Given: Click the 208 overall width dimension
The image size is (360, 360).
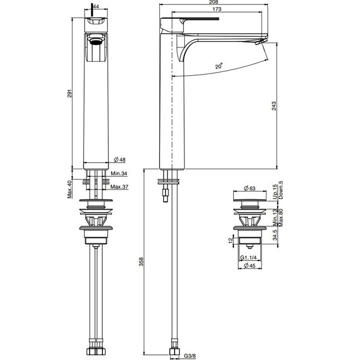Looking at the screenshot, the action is point(213,2).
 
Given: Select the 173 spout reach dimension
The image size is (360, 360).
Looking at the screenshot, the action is point(217,9).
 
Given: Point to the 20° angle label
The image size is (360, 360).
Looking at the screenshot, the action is point(219,66).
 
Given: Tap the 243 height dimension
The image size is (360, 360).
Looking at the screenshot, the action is point(274,106).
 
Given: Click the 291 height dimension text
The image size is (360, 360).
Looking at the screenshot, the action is point(70,93).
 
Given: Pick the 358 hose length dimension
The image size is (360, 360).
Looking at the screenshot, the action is point(142,262).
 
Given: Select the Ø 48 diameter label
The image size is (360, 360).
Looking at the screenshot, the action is point(120,159).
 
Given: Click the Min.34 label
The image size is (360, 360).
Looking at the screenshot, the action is point(119,173).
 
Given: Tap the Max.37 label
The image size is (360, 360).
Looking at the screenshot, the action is point(119,187).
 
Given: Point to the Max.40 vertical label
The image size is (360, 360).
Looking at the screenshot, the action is point(70,189).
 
